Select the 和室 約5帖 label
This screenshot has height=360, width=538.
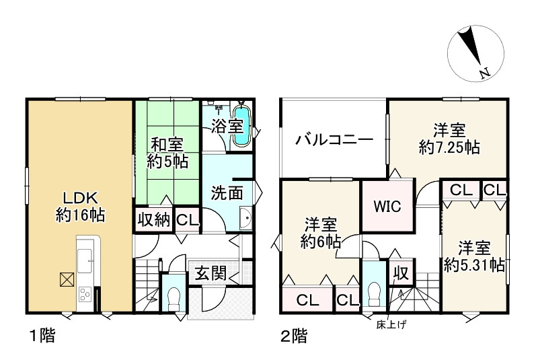[x=167, y=153]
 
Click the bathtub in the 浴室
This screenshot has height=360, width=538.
[x=241, y=126]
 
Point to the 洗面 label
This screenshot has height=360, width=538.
[x=228, y=193]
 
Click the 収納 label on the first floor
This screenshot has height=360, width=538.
[x=154, y=221]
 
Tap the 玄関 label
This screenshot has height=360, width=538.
[x=210, y=273]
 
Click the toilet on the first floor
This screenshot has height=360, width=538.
[x=174, y=295]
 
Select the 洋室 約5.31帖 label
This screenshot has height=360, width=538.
[x=474, y=256]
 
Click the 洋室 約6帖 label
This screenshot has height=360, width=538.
[x=319, y=233]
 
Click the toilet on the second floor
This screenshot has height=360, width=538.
[x=373, y=294]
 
